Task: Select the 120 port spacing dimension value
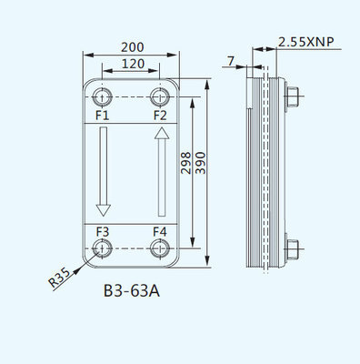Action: (132, 66)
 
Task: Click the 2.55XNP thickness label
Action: (305, 42)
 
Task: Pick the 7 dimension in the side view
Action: (232, 60)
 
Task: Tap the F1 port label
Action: (102, 116)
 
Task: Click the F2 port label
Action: (160, 116)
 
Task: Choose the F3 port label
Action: (102, 231)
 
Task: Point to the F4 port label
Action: (160, 231)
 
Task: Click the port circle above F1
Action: (102, 96)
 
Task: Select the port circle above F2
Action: (160, 96)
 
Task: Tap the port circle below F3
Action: (102, 248)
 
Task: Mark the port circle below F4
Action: (160, 248)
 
